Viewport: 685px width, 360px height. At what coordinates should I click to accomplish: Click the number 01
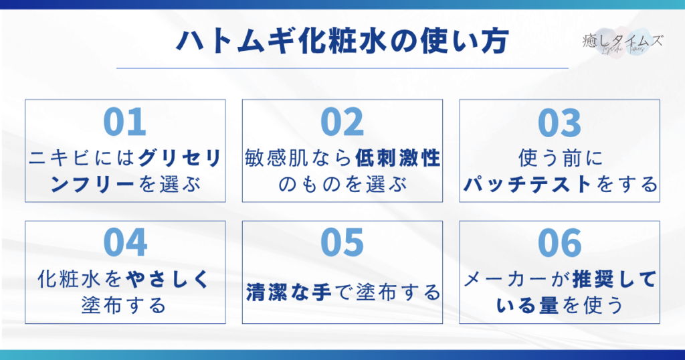point(124,122)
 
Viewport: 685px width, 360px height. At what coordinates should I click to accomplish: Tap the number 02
point(342,122)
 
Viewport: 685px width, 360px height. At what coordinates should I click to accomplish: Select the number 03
point(559,122)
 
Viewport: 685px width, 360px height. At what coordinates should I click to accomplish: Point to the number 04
point(125,243)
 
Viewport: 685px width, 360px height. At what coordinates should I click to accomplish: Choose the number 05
point(342,243)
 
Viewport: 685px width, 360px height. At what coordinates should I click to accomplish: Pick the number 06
point(559,243)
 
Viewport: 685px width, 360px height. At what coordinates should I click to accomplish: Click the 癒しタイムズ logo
point(623,42)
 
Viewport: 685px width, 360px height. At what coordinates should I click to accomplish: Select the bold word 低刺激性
point(397,158)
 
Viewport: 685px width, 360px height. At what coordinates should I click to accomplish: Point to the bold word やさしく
point(168,280)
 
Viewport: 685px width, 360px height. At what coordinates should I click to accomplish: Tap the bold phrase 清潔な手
point(288,292)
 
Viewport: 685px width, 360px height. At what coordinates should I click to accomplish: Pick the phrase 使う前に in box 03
point(560,158)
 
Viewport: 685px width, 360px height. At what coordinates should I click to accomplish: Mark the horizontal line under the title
point(342,68)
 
